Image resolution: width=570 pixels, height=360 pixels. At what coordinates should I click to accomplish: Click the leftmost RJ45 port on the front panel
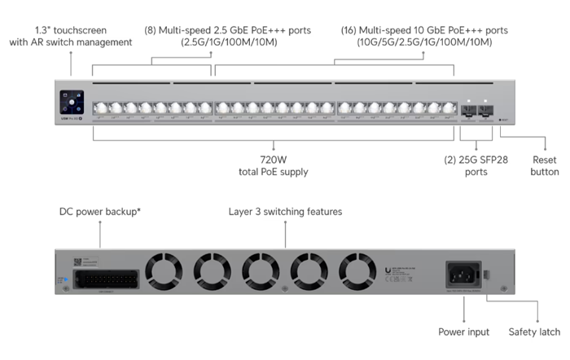99,108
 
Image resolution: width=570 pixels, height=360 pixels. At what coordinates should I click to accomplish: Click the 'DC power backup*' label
100,211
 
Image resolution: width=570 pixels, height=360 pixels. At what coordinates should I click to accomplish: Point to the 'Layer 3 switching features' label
285,212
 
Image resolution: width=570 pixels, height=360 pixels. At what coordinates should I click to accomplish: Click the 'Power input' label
463,331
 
